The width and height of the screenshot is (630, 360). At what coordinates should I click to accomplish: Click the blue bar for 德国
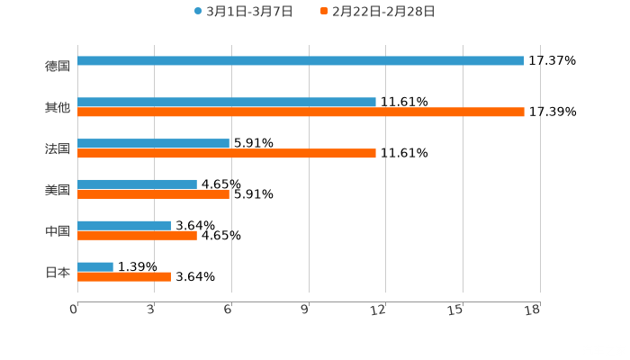pyautogui.click(x=301, y=61)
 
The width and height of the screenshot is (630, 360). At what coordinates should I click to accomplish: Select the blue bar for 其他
pyautogui.click(x=227, y=103)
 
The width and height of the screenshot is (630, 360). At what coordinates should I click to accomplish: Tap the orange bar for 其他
pyautogui.click(x=301, y=112)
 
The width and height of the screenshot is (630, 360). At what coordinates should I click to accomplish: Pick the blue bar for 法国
pyautogui.click(x=153, y=144)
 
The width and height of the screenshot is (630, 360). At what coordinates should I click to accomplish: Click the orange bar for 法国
pyautogui.click(x=227, y=154)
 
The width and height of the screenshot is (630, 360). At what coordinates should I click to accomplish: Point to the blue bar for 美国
pyautogui.click(x=137, y=184)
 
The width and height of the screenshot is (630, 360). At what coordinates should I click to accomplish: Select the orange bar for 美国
pyautogui.click(x=153, y=194)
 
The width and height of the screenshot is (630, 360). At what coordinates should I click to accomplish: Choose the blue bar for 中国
pyautogui.click(x=124, y=226)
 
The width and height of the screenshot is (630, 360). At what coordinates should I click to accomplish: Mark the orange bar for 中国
pyautogui.click(x=137, y=236)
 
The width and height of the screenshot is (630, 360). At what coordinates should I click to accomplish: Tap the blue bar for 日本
pyautogui.click(x=95, y=266)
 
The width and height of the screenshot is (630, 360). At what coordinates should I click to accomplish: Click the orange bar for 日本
pyautogui.click(x=124, y=277)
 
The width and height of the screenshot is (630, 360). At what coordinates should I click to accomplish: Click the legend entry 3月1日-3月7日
pyautogui.click(x=243, y=12)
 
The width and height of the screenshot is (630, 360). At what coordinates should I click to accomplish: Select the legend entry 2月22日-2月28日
pyautogui.click(x=377, y=12)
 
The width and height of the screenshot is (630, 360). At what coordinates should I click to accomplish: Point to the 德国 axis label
pyautogui.click(x=58, y=66)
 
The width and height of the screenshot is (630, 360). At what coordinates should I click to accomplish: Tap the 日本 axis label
pyautogui.click(x=58, y=272)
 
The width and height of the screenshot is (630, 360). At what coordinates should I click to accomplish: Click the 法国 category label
pyautogui.click(x=58, y=148)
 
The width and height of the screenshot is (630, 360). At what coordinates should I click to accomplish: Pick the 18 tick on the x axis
pyautogui.click(x=533, y=310)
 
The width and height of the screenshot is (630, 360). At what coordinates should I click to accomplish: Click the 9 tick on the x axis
pyautogui.click(x=305, y=310)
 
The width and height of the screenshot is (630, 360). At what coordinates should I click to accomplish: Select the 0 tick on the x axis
pyautogui.click(x=75, y=310)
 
